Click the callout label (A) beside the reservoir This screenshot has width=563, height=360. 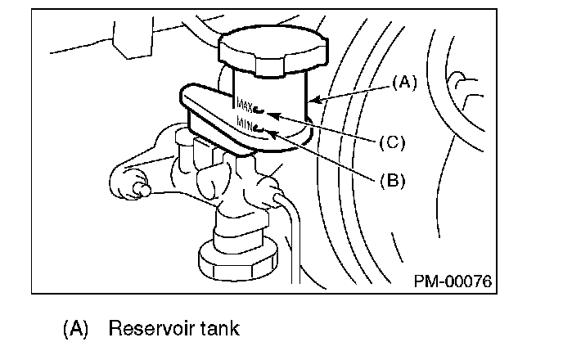(x=404, y=82)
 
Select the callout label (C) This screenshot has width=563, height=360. (x=393, y=142)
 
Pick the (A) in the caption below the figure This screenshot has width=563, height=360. (x=74, y=330)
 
